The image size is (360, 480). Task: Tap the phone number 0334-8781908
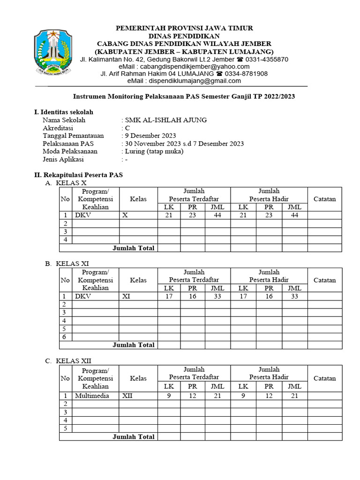246,74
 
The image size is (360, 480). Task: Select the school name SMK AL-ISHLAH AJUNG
165,120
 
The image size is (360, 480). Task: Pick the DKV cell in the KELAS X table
83,215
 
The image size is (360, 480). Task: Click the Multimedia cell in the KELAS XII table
92,396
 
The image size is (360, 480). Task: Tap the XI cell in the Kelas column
126,296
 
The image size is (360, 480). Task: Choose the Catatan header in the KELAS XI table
324,280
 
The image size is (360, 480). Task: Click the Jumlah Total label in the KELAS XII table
133,436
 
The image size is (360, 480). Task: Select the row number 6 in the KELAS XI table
65,337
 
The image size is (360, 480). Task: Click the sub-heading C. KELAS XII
68,361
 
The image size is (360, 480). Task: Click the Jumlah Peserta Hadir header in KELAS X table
269,195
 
